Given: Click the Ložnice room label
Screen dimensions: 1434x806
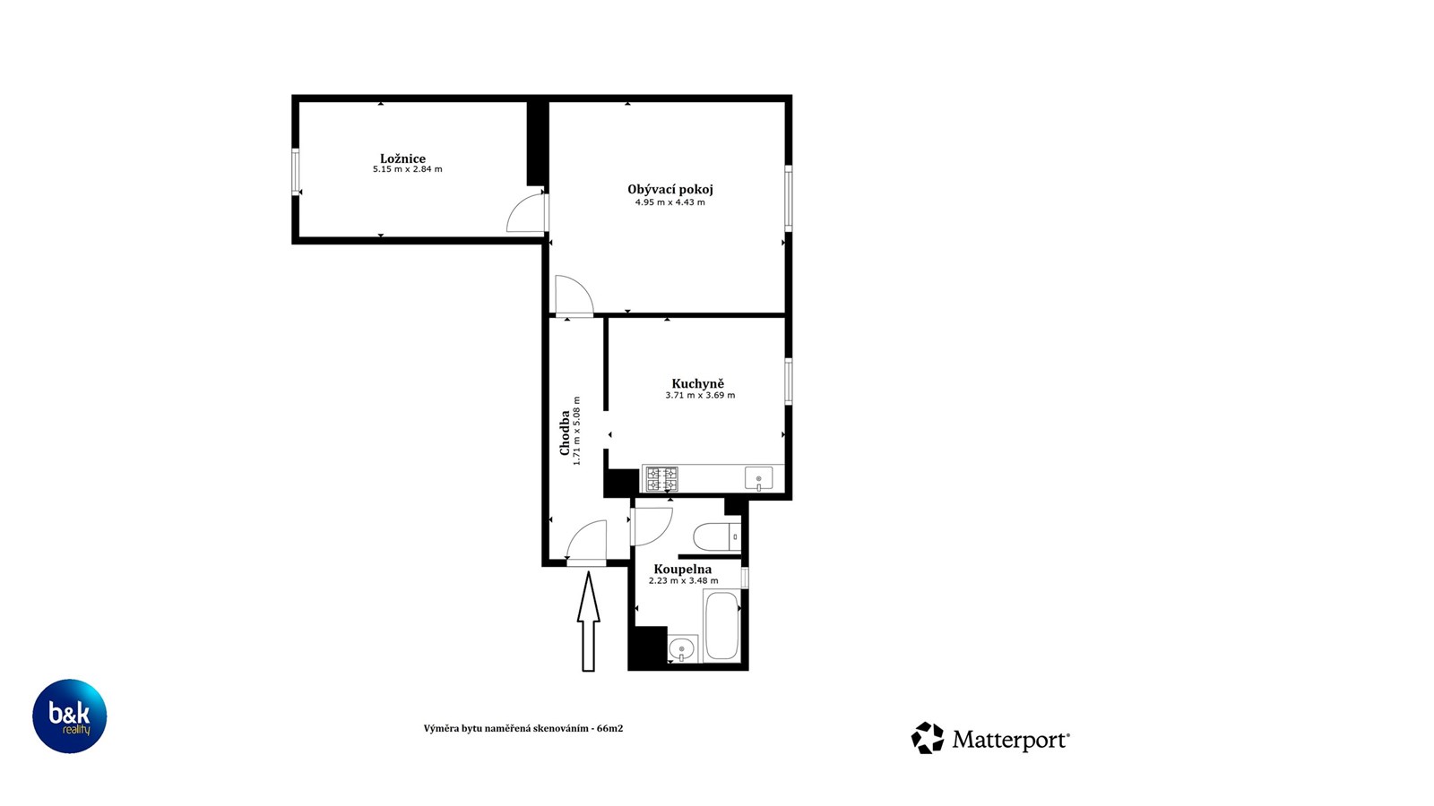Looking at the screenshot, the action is click(402, 159).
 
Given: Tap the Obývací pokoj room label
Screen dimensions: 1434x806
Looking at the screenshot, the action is click(670, 189).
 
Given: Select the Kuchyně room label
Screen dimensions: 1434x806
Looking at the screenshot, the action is click(698, 384).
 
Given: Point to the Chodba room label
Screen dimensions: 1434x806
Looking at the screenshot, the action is click(565, 433).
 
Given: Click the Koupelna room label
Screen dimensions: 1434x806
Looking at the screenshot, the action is click(682, 569).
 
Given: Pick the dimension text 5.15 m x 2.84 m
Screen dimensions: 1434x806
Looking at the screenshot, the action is click(408, 169).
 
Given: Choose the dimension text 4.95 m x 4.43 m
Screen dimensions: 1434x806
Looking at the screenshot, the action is click(670, 202).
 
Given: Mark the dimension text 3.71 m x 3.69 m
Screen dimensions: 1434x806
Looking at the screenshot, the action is click(700, 395).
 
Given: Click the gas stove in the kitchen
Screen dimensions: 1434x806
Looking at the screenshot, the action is click(661, 478).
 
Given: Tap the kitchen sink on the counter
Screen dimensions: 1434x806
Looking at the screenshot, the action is click(758, 478).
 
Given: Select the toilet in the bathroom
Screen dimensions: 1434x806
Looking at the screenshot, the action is click(717, 537).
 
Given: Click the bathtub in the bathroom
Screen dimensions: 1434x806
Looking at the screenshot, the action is click(721, 626).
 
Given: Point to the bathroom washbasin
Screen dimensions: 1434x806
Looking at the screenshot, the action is click(682, 648).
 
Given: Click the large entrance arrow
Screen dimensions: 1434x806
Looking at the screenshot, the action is click(588, 622).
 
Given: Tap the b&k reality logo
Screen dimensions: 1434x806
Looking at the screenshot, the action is click(69, 716).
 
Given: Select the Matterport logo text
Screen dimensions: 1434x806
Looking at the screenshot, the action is click(1010, 740).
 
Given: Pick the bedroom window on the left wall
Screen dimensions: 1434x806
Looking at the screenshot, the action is click(295, 171).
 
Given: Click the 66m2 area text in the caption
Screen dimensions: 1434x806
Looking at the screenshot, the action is click(609, 729).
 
